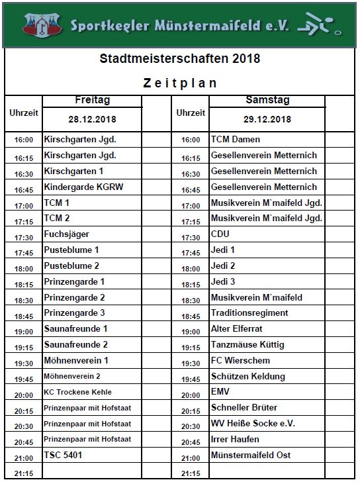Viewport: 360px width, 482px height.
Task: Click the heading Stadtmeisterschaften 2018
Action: (x=179, y=59)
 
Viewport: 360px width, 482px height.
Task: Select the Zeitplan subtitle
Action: (x=180, y=83)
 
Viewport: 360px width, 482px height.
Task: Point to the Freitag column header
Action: (x=92, y=101)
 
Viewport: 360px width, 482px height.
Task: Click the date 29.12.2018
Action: (x=267, y=120)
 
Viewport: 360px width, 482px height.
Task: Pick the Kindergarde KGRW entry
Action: (x=83, y=187)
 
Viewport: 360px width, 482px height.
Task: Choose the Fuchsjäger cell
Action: (x=66, y=234)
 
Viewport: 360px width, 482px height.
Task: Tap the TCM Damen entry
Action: (x=235, y=140)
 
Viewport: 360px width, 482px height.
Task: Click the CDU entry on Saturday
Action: (x=220, y=234)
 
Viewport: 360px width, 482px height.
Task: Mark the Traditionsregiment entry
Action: (x=249, y=313)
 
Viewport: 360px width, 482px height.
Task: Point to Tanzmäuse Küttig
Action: (x=247, y=345)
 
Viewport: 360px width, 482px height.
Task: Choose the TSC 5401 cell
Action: (x=64, y=456)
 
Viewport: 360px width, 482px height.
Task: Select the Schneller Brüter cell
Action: (x=244, y=408)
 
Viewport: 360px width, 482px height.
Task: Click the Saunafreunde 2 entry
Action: (x=75, y=345)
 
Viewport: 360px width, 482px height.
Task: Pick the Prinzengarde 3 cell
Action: (x=74, y=313)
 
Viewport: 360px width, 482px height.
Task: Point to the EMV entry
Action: (x=220, y=392)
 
